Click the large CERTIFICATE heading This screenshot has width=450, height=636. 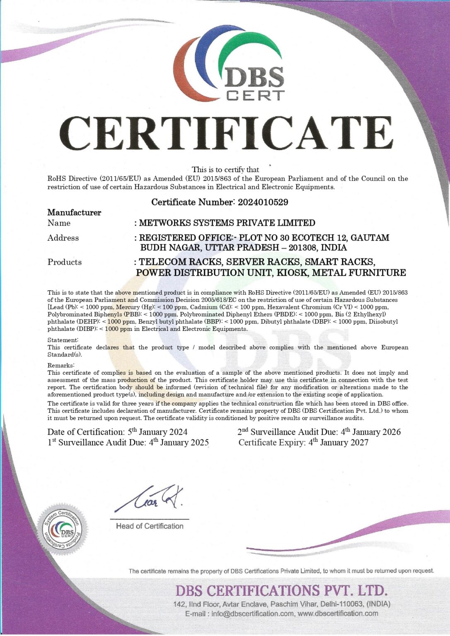(x=226, y=133)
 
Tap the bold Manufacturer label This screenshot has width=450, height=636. (x=74, y=212)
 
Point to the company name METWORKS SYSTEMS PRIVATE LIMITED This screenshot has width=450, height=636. (x=227, y=223)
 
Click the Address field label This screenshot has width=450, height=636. (x=63, y=238)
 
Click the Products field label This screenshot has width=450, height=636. (x=65, y=262)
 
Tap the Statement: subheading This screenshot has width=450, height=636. (x=63, y=340)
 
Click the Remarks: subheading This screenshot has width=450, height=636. (x=61, y=365)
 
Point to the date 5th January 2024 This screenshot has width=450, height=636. (x=157, y=432)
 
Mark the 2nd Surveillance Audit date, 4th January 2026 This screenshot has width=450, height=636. (x=370, y=432)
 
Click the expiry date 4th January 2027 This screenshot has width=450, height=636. (x=338, y=442)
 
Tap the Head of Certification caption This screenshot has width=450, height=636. (x=150, y=526)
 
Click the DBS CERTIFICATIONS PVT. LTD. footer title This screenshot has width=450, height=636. (x=282, y=590)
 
